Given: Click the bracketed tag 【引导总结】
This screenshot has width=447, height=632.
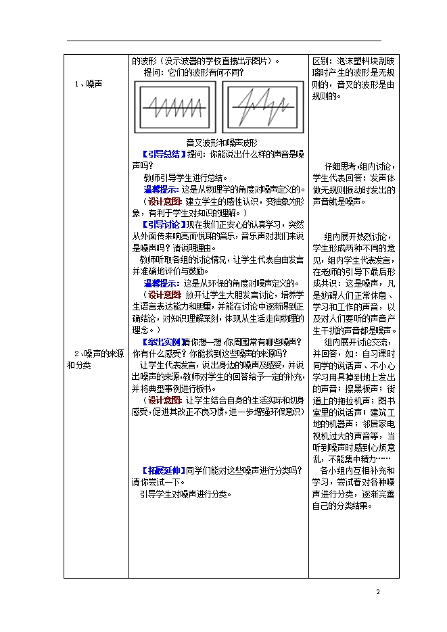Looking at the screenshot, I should (162, 154).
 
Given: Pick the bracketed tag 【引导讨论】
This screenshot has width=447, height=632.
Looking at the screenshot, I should (162, 224).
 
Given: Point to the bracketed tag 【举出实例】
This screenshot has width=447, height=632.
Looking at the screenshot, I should (162, 342).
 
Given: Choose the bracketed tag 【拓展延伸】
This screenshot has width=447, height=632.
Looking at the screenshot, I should (162, 470).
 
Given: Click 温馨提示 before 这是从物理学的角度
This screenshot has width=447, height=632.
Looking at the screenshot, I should (162, 189).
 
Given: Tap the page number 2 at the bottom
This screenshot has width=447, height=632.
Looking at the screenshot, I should (379, 593).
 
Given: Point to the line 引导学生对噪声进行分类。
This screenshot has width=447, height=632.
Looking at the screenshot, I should (185, 494).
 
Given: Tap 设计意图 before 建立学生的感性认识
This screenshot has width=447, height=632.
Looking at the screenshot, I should (164, 201).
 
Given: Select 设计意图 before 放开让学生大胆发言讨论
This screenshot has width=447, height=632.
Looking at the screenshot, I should (164, 295).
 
